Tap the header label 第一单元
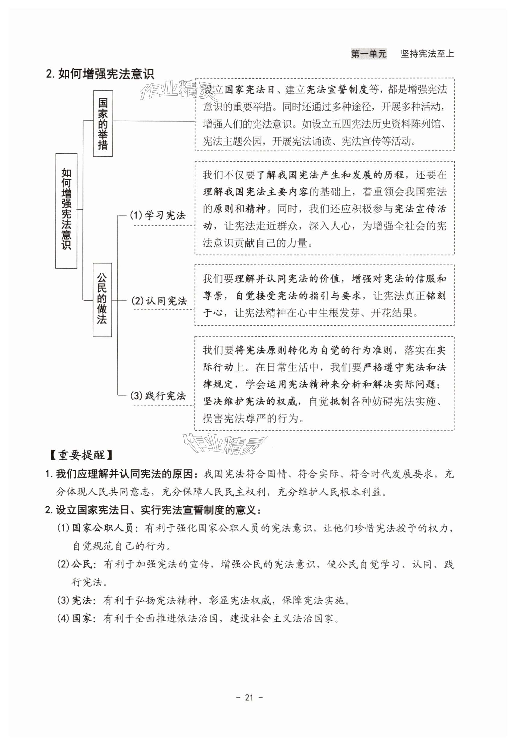click(368, 54)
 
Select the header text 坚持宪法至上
click(427, 54)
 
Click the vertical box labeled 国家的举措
click(103, 124)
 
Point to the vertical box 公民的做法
click(102, 300)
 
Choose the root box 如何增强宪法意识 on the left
click(66, 210)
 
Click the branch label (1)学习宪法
click(158, 215)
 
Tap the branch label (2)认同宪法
click(159, 301)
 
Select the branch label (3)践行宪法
click(158, 396)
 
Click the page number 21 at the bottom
click(249, 698)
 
